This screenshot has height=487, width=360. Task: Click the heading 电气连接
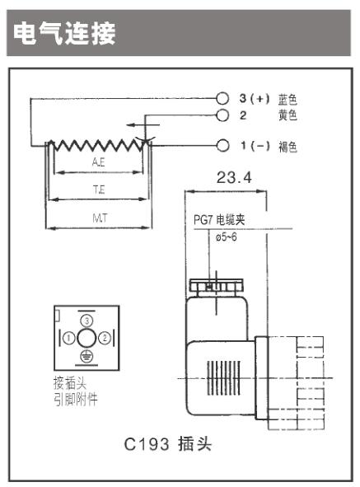coord(64,33)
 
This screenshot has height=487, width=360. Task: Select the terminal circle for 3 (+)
coord(222,98)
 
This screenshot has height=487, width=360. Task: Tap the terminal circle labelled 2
coord(222,115)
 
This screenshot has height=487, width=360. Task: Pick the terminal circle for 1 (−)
coord(222,145)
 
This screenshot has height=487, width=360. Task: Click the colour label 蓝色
coord(288,99)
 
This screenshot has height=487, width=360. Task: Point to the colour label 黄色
coord(288,115)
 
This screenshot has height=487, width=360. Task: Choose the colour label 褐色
coord(288,147)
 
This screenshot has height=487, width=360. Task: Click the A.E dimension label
coord(99,162)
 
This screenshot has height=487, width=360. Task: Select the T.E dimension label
coord(99,190)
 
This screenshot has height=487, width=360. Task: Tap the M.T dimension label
coord(100,218)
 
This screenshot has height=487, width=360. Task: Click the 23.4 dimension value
coord(234,178)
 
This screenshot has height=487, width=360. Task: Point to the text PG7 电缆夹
coord(219,220)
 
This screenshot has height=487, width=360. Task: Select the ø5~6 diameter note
coord(226,237)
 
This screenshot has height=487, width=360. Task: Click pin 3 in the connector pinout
coord(87,321)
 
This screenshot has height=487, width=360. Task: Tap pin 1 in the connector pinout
coord(69,338)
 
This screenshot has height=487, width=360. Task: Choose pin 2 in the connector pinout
coord(105,338)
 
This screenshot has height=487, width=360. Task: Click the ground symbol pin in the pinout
coord(86,356)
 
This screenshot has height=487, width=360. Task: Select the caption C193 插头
coord(168,444)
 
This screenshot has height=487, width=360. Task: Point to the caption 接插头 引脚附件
coord(76,391)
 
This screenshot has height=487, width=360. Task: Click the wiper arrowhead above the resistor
coord(130,125)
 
